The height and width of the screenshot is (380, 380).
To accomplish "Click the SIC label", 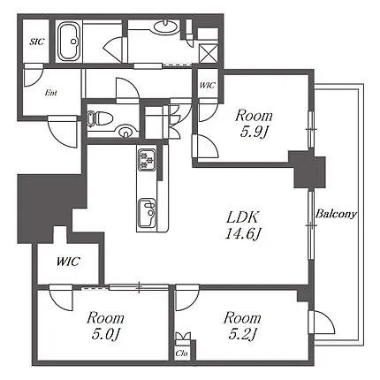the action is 36,42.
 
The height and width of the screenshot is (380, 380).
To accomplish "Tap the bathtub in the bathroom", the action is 69,42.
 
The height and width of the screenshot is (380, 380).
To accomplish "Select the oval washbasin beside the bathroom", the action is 166,27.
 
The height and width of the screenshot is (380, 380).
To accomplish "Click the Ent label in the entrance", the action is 51,93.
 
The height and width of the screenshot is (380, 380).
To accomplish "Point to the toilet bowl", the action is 100,118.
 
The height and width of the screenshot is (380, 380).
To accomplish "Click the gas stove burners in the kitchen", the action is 147,159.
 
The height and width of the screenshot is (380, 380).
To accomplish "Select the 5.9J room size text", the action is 254,133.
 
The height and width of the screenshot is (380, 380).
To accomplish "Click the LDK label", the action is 242,217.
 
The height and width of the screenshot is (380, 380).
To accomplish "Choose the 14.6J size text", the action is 243,234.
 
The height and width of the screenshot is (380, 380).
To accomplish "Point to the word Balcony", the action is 336,214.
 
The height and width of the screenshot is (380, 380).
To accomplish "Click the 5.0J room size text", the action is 106,335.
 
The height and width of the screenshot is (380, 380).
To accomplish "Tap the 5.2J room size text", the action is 243,335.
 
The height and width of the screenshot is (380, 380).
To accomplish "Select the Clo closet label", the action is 181,353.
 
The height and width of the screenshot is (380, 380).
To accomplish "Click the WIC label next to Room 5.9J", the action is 208,86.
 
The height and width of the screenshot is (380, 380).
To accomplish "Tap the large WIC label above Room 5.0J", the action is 68,262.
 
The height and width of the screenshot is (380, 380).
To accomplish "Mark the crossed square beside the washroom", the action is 209,53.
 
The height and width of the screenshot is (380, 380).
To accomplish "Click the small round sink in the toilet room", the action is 126,131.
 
